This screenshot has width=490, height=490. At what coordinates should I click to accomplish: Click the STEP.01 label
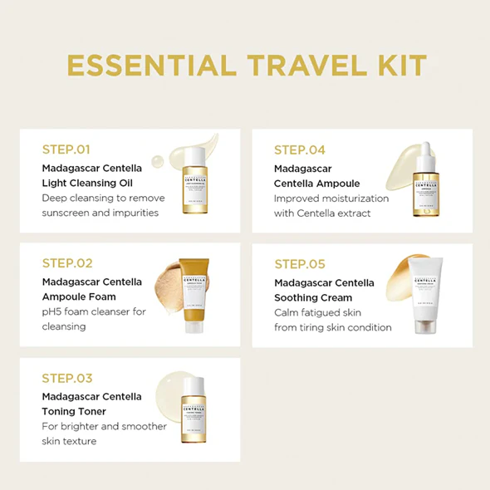coord(66,150)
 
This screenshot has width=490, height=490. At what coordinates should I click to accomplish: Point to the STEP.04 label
coord(300,150)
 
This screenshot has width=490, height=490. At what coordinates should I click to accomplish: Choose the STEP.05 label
coord(300,265)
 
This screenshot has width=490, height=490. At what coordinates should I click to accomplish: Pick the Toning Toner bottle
coord(194,409)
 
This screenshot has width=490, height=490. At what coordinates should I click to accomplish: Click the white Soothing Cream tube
coord(423,296)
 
